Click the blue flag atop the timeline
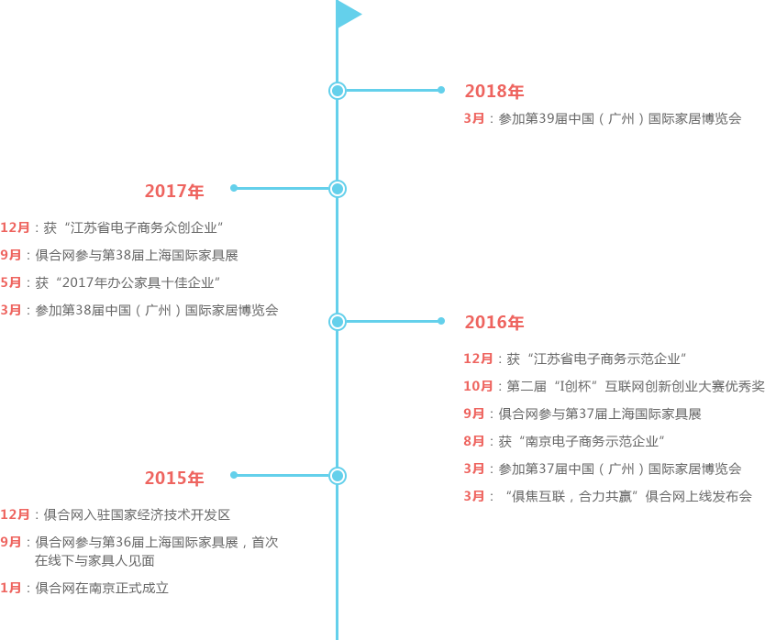coord(347,14)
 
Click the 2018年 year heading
coord(494,92)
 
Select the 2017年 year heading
coord(174,192)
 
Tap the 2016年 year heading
coord(494,323)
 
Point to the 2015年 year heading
coord(174,479)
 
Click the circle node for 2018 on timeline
coord(338,90)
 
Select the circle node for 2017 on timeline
coord(338,189)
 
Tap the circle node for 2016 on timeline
coord(338,322)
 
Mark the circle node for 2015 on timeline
coord(338,476)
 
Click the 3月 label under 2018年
coord(473,118)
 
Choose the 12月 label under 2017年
coord(15,227)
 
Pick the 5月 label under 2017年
coord(10,282)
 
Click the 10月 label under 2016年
coord(478,386)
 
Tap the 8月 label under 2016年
coord(473,441)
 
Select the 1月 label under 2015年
coord(10,588)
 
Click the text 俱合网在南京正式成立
coord(102,588)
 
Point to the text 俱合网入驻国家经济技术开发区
coord(137,514)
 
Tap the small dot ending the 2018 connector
coord(441,90)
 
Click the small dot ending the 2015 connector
coord(234,475)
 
